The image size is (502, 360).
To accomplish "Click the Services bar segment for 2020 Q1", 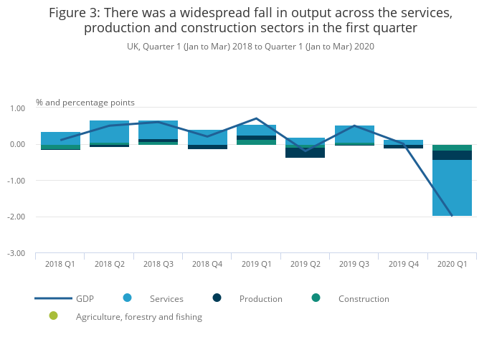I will (x=452, y=188).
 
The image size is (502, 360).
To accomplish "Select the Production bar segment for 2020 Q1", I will (x=452, y=155).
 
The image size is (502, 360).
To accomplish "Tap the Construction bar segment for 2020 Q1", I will (x=452, y=148).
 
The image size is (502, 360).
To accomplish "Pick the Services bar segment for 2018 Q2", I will (x=109, y=132).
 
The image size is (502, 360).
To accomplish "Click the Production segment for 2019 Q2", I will (x=305, y=152).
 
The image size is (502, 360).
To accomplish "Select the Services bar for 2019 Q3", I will (x=354, y=134).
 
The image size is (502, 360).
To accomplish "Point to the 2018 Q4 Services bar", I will (x=207, y=137).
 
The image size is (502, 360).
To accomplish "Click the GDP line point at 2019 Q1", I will (x=256, y=118).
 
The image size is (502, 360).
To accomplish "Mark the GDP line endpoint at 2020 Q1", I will (x=452, y=215).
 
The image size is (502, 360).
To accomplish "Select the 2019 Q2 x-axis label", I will (x=305, y=264).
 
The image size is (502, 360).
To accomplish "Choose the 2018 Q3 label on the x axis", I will (x=158, y=264).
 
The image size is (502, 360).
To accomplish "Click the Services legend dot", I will (x=128, y=298).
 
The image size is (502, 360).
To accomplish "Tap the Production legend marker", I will (x=217, y=298).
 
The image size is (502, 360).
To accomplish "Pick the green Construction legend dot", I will (x=316, y=298).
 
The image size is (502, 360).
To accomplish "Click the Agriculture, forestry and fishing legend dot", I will (x=53, y=316).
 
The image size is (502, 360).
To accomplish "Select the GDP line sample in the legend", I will (x=53, y=298).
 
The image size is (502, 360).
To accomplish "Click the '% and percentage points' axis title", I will (x=85, y=103).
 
